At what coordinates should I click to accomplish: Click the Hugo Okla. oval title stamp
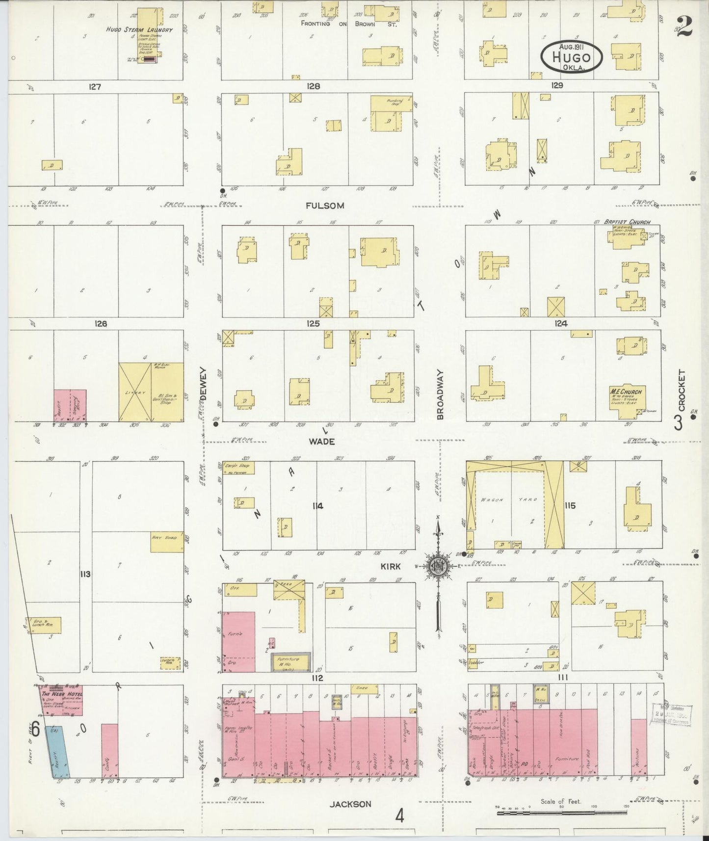point(572,57)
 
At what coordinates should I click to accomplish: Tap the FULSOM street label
point(324,206)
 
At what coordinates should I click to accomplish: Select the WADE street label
point(321,442)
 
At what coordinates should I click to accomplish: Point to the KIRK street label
point(391,566)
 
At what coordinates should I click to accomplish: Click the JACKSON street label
point(350,804)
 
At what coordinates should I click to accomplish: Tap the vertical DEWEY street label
point(203,384)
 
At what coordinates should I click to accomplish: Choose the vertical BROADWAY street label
point(440,394)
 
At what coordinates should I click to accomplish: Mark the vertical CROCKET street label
point(681,390)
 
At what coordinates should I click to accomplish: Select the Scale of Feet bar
point(563,813)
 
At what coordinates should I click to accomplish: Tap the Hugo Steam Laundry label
point(139,29)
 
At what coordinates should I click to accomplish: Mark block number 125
point(313,323)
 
